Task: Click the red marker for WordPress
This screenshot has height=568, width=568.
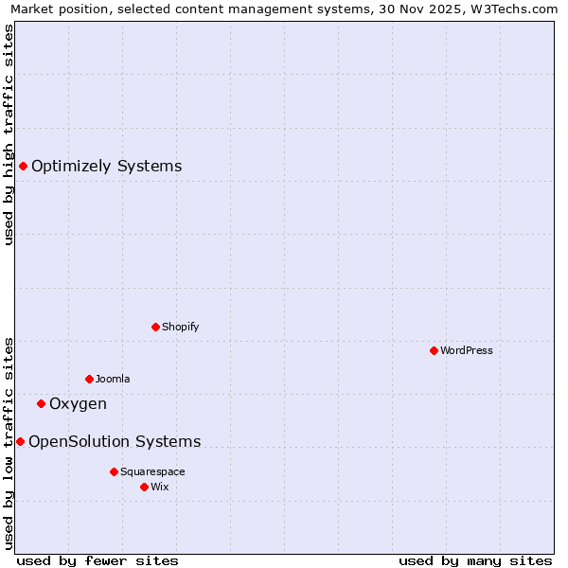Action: (434, 350)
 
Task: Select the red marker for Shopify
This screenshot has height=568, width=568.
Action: (155, 327)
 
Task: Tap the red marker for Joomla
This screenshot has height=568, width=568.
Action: (89, 379)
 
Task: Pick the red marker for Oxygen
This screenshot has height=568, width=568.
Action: (41, 404)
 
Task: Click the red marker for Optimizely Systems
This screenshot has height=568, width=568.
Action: (23, 167)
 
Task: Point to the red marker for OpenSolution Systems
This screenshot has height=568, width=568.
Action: (20, 442)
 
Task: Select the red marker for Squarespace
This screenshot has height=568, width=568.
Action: (114, 471)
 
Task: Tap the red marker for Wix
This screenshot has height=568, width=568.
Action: (144, 487)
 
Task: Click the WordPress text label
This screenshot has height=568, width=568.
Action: (467, 350)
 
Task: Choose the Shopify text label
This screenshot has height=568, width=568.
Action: (180, 327)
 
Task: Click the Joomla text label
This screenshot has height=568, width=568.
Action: (113, 379)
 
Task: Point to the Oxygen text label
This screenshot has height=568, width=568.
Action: (78, 404)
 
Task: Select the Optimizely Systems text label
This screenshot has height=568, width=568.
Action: (106, 167)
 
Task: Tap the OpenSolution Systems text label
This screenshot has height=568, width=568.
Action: (115, 442)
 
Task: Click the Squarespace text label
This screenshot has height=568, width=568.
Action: (152, 471)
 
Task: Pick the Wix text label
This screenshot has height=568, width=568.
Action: (159, 487)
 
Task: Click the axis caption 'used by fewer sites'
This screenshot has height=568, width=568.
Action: (98, 560)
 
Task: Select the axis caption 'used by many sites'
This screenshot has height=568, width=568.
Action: (475, 560)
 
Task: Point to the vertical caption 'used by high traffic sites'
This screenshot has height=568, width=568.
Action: (9, 134)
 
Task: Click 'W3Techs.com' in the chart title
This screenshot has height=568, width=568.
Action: (516, 9)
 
